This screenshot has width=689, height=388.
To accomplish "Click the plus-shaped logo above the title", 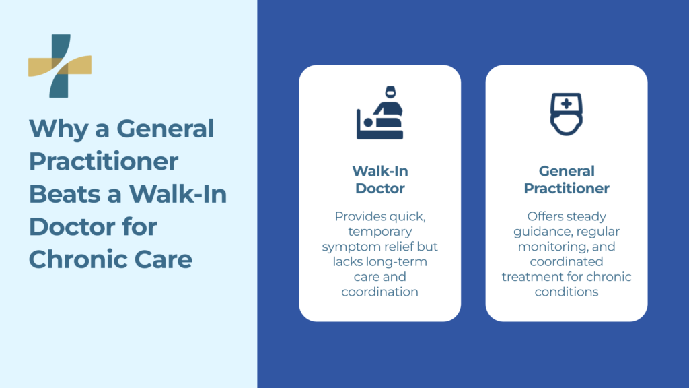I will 59,66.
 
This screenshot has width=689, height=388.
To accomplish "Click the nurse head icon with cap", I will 567,113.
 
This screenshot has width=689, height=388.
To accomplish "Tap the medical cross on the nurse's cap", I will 567,104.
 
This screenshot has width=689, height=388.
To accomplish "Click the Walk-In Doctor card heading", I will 379,179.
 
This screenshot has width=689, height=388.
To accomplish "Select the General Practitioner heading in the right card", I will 567,179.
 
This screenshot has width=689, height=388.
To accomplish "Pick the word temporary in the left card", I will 379,232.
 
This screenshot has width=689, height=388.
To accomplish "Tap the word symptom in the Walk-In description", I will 347,247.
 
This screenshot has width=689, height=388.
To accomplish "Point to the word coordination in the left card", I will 379,292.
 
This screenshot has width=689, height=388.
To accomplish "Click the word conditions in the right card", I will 567,292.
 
